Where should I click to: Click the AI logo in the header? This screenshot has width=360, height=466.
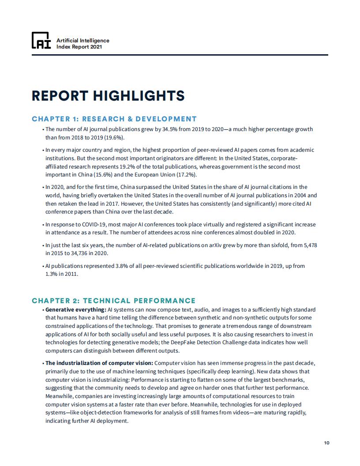41,41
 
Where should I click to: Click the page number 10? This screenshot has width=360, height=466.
326,443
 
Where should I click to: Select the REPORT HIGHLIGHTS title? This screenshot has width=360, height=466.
108,96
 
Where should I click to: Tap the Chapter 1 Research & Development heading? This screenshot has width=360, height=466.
114,119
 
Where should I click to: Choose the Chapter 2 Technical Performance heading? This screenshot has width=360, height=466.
113,301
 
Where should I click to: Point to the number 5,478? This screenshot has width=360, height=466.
308,245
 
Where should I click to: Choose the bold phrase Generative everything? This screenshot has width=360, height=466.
75,310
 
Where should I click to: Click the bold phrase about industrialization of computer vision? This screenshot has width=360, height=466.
99,363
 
